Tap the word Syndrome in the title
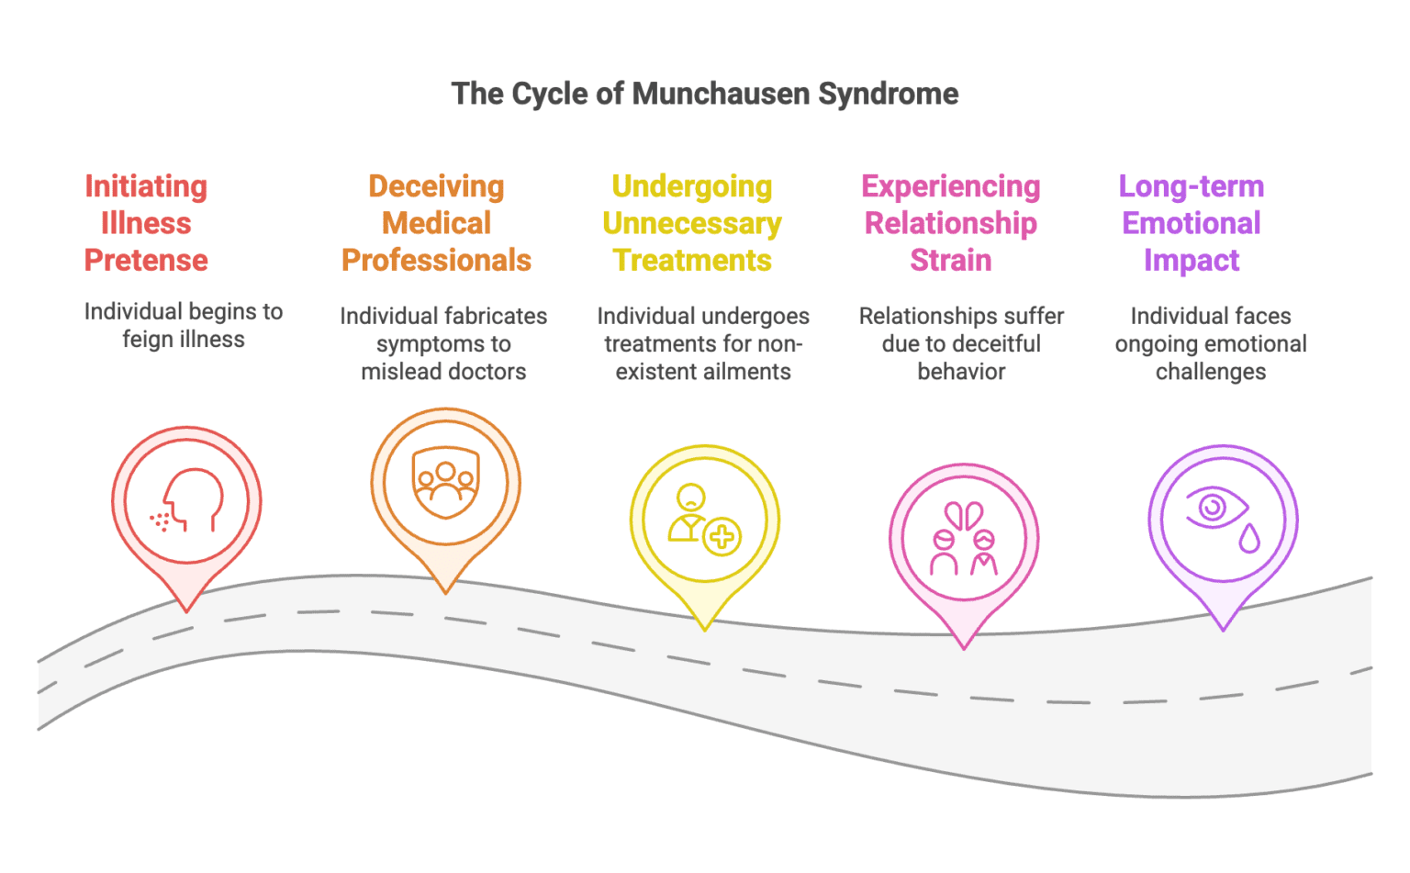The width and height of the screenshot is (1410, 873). (x=888, y=94)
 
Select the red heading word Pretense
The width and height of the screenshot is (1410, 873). (x=146, y=261)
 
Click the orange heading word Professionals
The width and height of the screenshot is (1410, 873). (x=436, y=261)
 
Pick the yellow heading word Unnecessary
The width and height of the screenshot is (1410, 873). (x=691, y=224)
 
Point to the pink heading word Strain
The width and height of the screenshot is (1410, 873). (x=950, y=261)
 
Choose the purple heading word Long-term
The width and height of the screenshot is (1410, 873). (x=1191, y=186)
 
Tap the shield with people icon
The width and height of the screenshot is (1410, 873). (x=445, y=483)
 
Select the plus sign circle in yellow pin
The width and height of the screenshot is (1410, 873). (x=722, y=537)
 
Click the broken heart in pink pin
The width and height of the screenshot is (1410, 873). (x=964, y=515)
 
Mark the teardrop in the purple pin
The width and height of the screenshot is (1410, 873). (x=1248, y=539)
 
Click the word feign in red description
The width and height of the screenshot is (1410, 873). (x=147, y=340)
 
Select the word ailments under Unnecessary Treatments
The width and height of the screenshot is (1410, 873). (x=744, y=372)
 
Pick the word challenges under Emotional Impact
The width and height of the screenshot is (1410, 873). (x=1210, y=372)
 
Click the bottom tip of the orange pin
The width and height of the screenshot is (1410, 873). (x=445, y=592)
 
